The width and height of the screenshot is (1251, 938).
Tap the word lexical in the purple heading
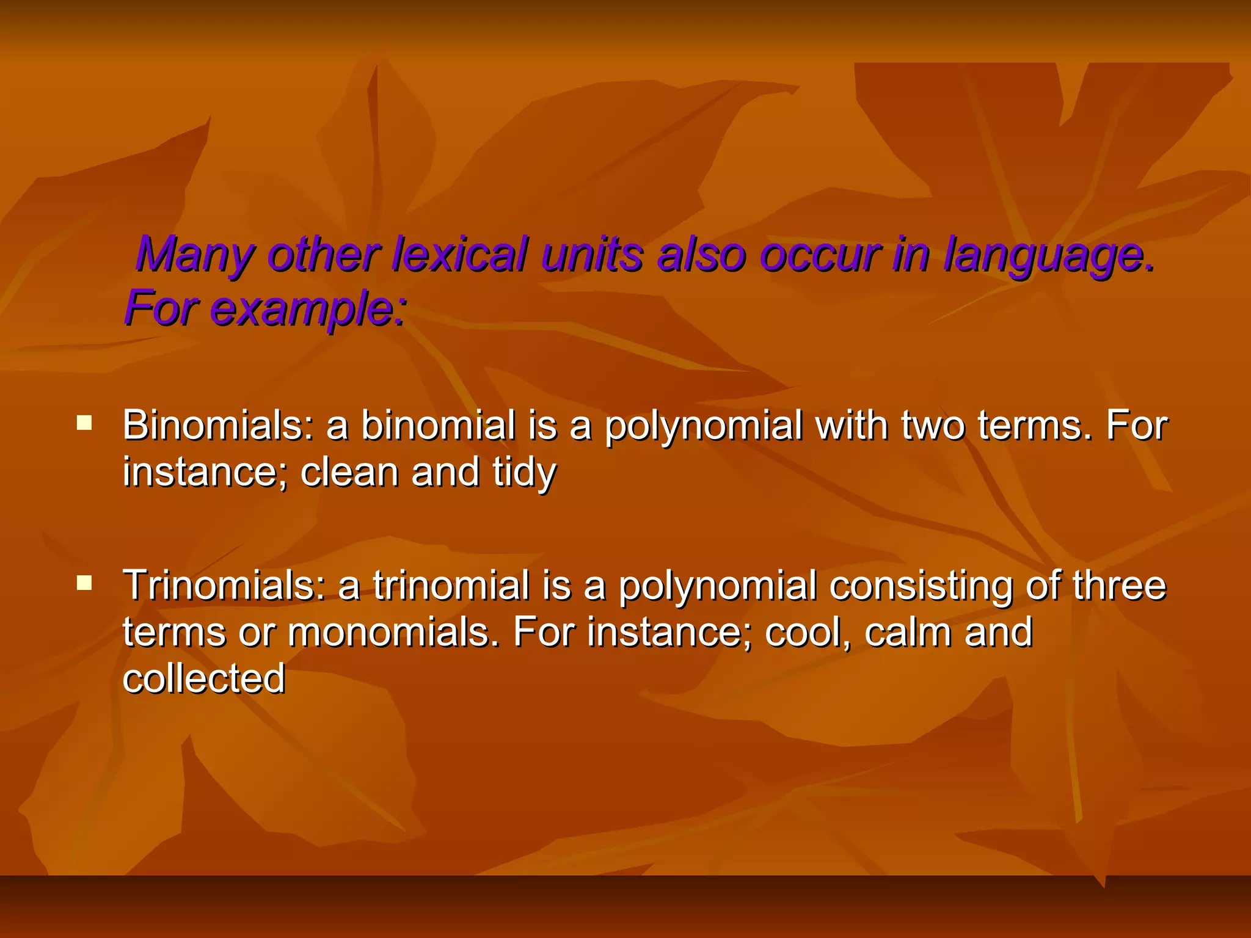[x=459, y=254]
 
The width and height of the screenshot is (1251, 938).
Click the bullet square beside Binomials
[x=84, y=423]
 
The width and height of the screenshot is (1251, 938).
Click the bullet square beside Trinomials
[x=84, y=583]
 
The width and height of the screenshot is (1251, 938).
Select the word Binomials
[x=217, y=425]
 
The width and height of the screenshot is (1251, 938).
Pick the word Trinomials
[x=224, y=585]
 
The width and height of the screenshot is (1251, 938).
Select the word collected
[x=203, y=678]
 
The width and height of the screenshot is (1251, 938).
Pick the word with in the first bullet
[x=852, y=425]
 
